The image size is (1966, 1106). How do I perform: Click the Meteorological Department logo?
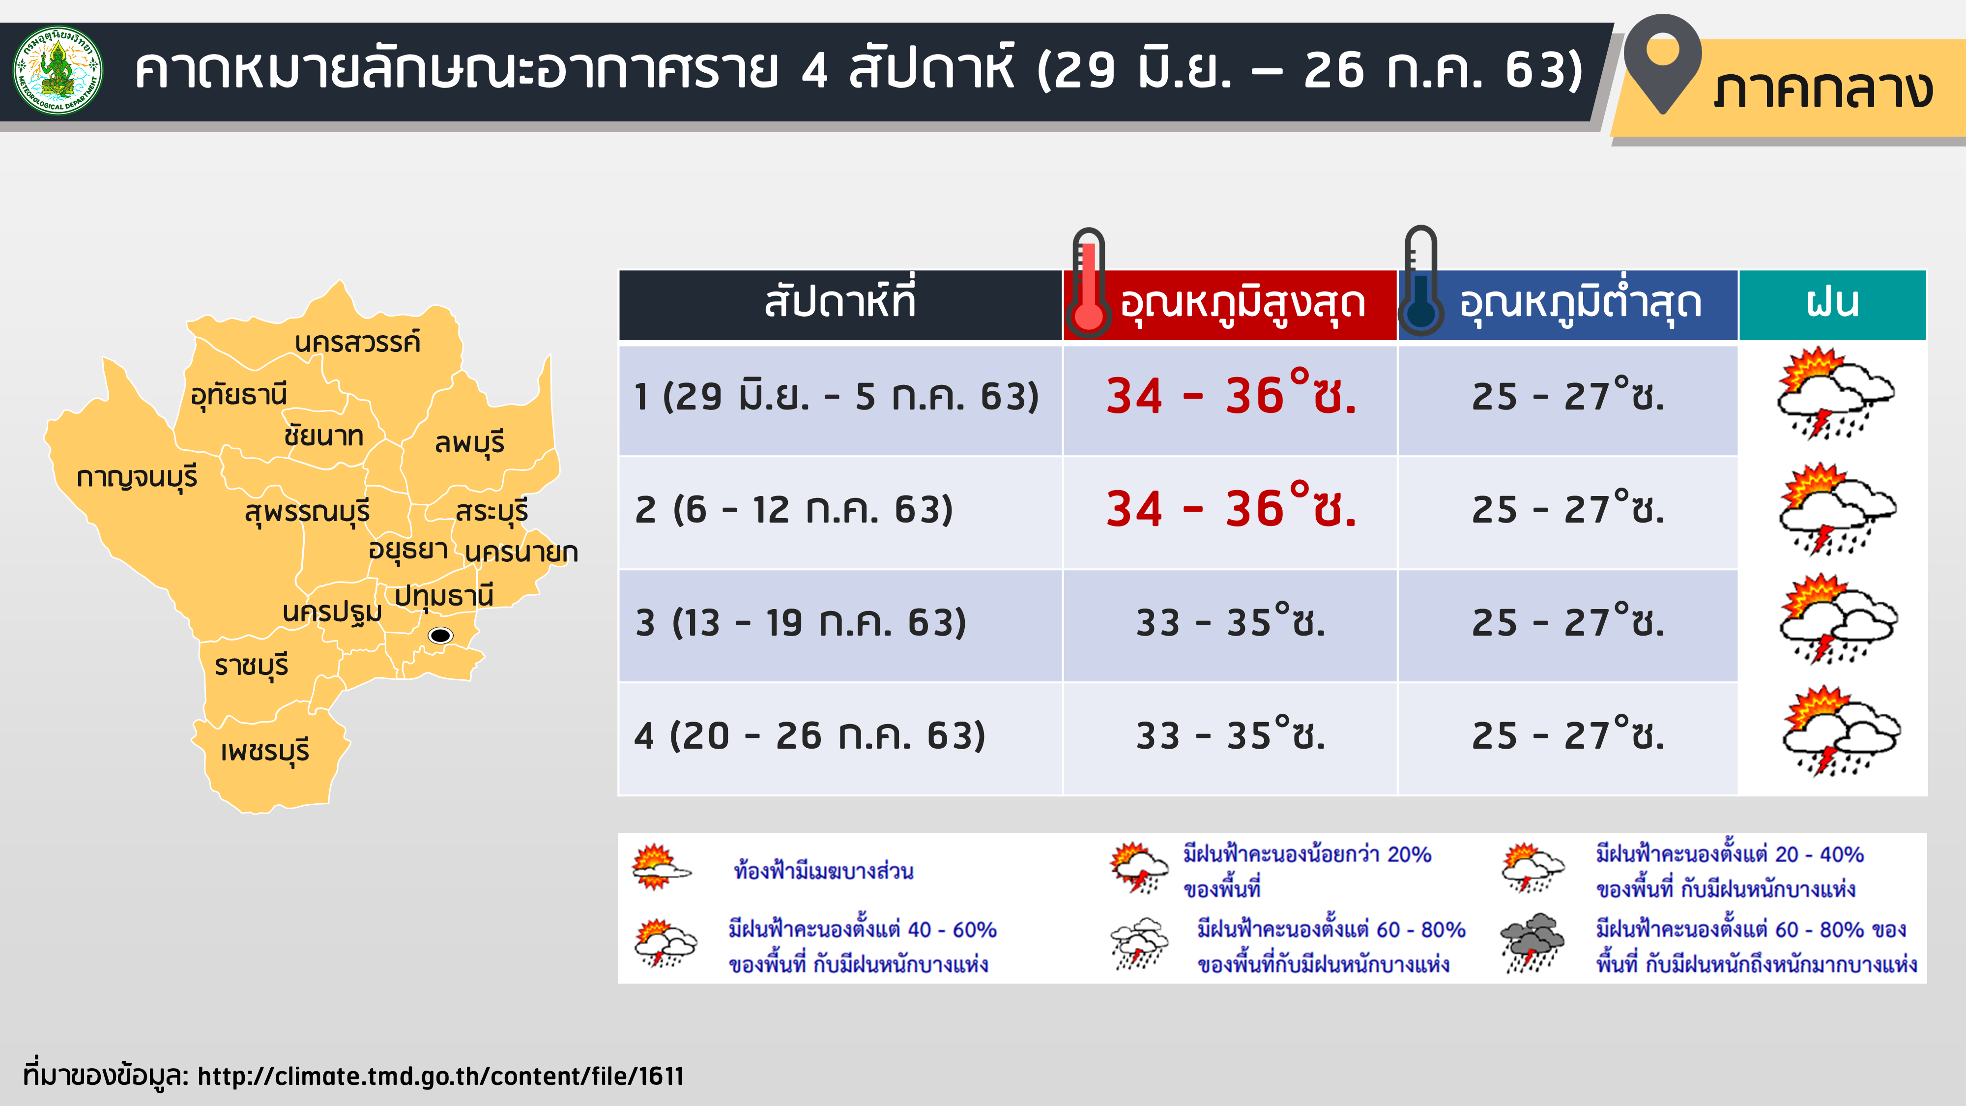58,70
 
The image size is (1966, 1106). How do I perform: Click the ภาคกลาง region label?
1822,90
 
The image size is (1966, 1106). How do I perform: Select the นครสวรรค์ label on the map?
357,342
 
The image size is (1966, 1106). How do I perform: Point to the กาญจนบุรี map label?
138,477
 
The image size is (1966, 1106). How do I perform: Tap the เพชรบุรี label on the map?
265,751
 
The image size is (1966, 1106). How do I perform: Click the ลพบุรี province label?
469,443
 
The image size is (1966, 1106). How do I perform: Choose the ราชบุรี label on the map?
251,666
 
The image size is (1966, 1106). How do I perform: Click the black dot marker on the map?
440,635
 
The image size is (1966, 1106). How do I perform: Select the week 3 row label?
801,623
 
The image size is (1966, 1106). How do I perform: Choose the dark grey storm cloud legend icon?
1532,943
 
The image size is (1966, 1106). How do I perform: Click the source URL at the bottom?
441,1076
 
